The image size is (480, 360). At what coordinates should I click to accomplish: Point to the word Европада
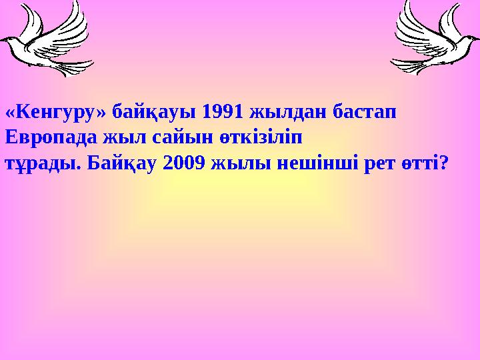[x=50, y=137]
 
